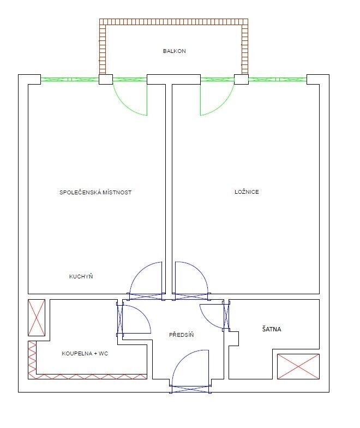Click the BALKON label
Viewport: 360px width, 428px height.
click(175, 51)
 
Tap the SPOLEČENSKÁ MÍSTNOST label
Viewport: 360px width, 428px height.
click(95, 192)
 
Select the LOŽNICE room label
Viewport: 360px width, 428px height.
click(247, 192)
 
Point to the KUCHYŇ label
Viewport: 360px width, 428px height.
click(81, 276)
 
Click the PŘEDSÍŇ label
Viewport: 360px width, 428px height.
click(181, 335)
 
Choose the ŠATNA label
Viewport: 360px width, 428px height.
click(272, 329)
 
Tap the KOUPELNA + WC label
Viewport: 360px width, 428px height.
click(85, 354)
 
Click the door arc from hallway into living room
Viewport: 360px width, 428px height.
click(137, 270)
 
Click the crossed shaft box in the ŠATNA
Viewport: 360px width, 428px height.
click(298, 367)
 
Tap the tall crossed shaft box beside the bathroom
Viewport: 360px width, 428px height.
click(37, 318)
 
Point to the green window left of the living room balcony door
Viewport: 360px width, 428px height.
click(70, 80)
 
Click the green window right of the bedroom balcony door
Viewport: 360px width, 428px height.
click(278, 80)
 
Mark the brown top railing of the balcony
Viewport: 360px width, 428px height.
click(173, 22)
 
